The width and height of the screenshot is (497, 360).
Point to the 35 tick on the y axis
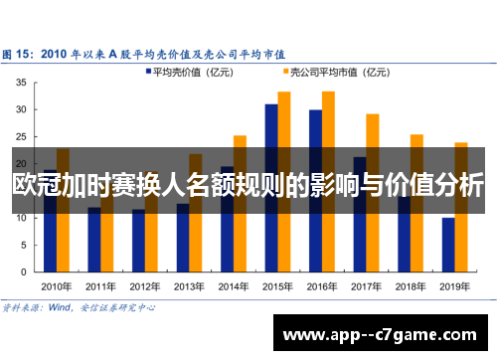[20, 84]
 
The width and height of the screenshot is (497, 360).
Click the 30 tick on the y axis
[20, 110]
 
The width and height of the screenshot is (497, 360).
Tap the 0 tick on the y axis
[23, 270]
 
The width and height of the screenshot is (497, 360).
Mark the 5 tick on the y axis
[23, 244]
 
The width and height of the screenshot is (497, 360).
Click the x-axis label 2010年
[57, 283]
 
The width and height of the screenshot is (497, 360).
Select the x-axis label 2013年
[189, 283]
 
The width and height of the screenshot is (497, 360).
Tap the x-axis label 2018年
[410, 283]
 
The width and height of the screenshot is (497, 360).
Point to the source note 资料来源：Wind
[80, 307]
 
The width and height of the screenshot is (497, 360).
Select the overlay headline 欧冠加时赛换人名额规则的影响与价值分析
[248, 186]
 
